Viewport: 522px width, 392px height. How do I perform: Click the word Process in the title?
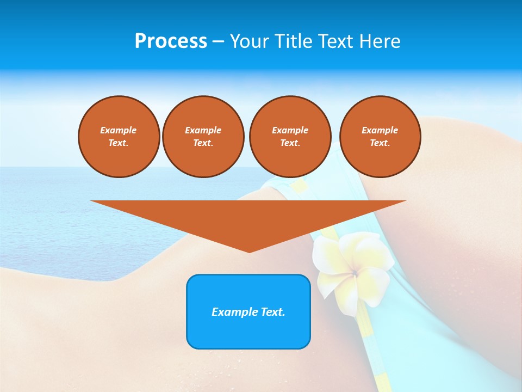click(171, 41)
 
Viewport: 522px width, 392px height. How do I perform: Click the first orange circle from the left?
click(119, 137)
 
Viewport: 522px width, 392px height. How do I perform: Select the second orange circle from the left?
click(203, 137)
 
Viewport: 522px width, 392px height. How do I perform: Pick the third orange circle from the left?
click(290, 137)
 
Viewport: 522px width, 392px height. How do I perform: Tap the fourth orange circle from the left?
click(380, 137)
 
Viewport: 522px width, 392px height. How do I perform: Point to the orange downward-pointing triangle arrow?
click(248, 218)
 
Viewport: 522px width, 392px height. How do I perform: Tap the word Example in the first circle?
click(119, 130)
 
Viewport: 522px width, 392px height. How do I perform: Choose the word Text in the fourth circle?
click(380, 143)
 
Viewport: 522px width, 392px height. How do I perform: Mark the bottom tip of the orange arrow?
click(249, 252)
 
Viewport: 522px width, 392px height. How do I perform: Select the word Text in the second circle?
click(203, 143)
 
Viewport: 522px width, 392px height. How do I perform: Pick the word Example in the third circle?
click(290, 130)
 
